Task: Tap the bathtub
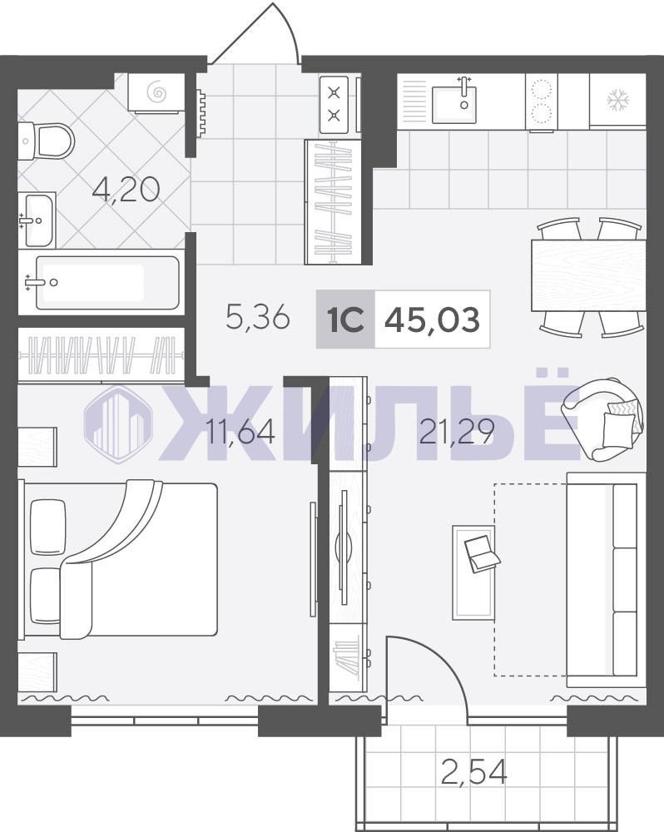pyautogui.click(x=107, y=282)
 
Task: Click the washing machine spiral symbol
pyautogui.click(x=157, y=93)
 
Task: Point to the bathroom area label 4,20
pyautogui.click(x=126, y=190)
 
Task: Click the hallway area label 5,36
pyautogui.click(x=258, y=317)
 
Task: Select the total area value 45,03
pyautogui.click(x=432, y=319)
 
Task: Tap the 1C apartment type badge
pyautogui.click(x=345, y=319)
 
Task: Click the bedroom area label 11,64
pyautogui.click(x=240, y=431)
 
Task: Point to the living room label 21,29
pyautogui.click(x=457, y=431)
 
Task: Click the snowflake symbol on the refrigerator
pyautogui.click(x=618, y=101)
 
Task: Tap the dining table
pyautogui.click(x=588, y=275)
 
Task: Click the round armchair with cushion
pyautogui.click(x=602, y=419)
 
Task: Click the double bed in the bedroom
pyautogui.click(x=118, y=559)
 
